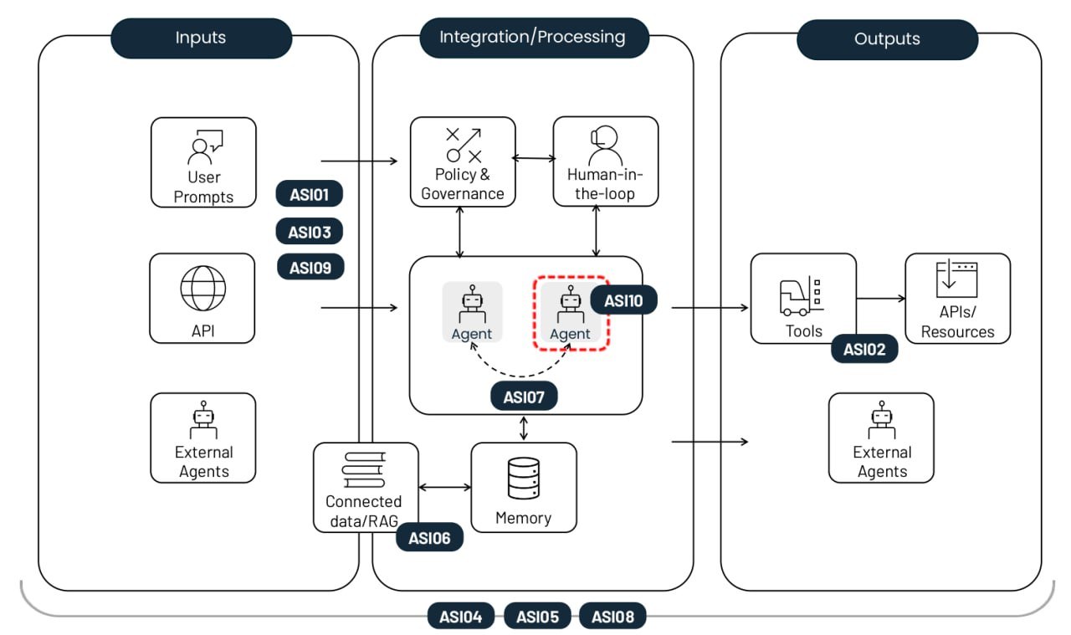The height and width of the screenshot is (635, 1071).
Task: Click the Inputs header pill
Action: [201, 38]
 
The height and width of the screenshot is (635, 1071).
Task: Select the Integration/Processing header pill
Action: [533, 38]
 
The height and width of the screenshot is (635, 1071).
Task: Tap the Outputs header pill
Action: [887, 38]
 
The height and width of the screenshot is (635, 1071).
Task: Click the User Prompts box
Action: [203, 162]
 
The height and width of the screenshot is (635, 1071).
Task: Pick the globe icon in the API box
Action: [203, 289]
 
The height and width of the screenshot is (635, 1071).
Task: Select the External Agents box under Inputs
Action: [203, 438]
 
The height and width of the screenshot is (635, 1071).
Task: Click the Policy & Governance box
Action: [463, 161]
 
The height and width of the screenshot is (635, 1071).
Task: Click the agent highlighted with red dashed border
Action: [571, 313]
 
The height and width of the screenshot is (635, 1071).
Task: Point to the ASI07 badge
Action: [524, 397]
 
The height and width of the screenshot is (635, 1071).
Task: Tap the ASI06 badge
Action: [429, 538]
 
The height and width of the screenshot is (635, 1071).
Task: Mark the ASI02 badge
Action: [864, 350]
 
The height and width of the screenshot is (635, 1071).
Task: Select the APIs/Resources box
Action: [958, 299]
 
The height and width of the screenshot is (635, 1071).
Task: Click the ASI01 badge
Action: [310, 195]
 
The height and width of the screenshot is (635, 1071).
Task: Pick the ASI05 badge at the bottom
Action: [536, 617]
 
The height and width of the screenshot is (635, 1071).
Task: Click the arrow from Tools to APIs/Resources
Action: [881, 298]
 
